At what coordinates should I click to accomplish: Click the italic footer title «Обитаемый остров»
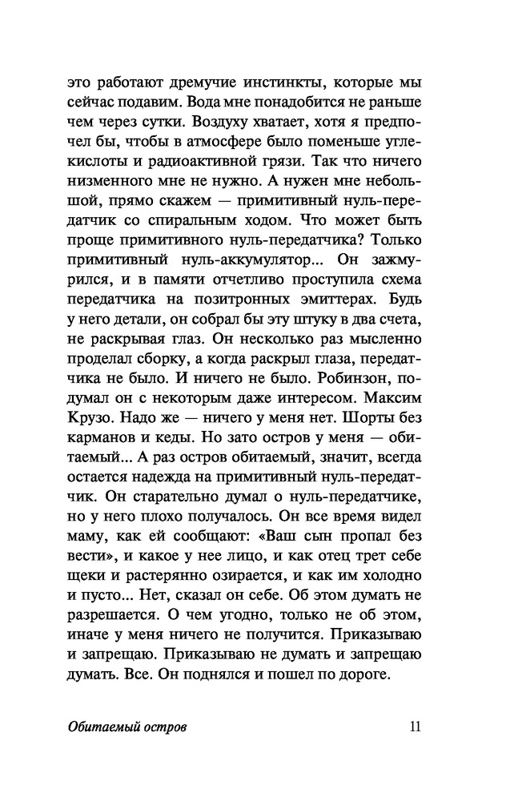click(128, 727)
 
